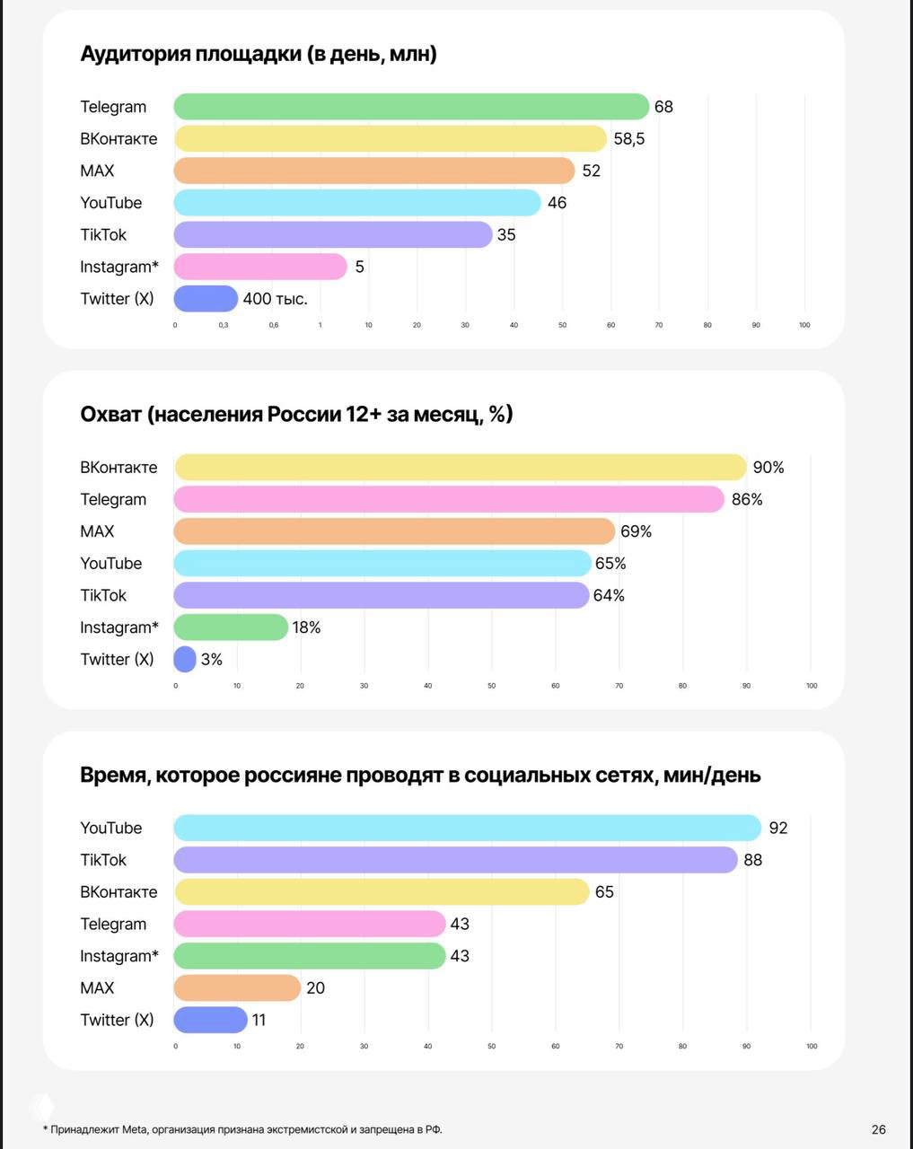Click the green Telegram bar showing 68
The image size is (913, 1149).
[410, 107]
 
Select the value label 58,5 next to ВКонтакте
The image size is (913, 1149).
[629, 139]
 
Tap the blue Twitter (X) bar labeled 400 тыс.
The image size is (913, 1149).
[206, 299]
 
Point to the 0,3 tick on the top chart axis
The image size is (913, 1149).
[224, 325]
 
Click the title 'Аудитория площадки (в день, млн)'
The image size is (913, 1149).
[259, 54]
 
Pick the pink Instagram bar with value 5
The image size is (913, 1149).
[260, 267]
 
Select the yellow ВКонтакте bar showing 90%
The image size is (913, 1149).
[460, 468]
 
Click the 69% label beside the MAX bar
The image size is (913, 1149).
[636, 531]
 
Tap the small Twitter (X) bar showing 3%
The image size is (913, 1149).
[185, 660]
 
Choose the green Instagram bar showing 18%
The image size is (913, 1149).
[231, 627]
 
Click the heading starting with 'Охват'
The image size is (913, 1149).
[296, 415]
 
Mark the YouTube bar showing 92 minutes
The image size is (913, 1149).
[467, 828]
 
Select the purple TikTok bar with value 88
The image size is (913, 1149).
[455, 860]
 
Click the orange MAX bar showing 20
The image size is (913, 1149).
[237, 988]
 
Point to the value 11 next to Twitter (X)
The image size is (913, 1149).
[259, 1021]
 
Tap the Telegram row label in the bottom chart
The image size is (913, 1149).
[113, 925]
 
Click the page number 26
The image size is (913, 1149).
[878, 1129]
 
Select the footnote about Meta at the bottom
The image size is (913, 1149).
[242, 1129]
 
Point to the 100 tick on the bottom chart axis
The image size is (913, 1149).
[812, 1047]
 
